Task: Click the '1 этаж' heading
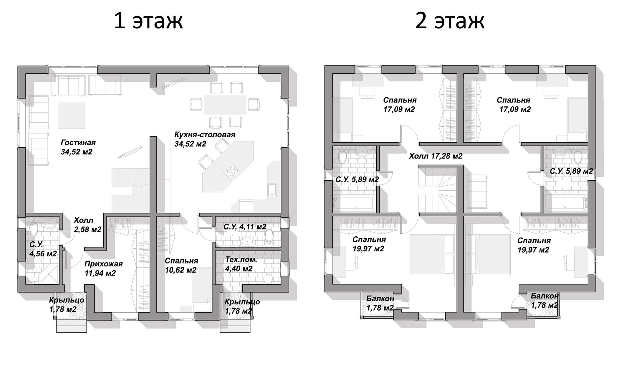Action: point(148,21)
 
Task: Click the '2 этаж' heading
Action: point(450,21)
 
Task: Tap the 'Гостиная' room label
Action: point(78,143)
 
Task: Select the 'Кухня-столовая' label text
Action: point(205,135)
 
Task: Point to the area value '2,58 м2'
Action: point(87,229)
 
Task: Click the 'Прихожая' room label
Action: point(103,264)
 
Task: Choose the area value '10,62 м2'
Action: point(181,270)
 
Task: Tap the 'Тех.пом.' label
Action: point(241,260)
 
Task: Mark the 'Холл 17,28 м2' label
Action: point(436,156)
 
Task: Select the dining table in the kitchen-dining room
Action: point(225,104)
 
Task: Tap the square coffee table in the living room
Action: point(71,116)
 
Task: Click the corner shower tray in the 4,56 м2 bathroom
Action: point(49,274)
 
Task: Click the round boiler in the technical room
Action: point(268,279)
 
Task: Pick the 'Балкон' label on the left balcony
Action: point(380,299)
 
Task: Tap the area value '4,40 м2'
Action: point(239,269)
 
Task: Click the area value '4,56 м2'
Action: point(43,254)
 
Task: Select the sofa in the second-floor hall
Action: point(477,192)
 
